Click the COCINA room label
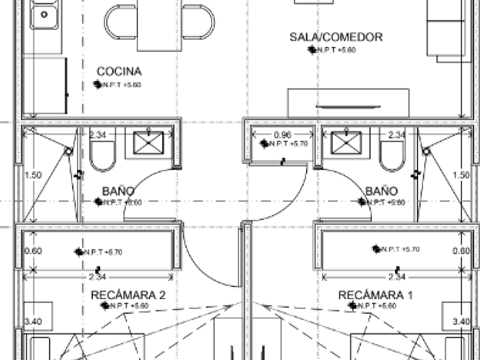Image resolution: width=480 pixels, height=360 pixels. pyautogui.click(x=119, y=71)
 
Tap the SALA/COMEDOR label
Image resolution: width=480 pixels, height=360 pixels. pyautogui.click(x=335, y=37)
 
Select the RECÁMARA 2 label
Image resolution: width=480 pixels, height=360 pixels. pyautogui.click(x=128, y=295)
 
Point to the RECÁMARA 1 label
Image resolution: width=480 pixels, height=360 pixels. pyautogui.click(x=375, y=295)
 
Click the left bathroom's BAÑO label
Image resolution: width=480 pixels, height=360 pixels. pyautogui.click(x=118, y=190)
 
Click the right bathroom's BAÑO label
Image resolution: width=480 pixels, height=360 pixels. pyautogui.click(x=381, y=190)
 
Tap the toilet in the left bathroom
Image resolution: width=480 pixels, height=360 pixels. pyautogui.click(x=103, y=154)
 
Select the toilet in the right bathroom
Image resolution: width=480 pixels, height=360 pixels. pyautogui.click(x=393, y=154)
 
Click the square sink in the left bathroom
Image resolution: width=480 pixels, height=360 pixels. pyautogui.click(x=149, y=142)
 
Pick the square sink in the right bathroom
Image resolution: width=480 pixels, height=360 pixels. pyautogui.click(x=346, y=142)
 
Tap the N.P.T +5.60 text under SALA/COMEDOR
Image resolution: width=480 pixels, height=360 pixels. pyautogui.click(x=337, y=50)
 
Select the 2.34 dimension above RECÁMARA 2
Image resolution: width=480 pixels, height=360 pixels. pyautogui.click(x=97, y=277)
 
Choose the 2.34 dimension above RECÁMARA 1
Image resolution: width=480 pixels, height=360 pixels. pyautogui.click(x=397, y=277)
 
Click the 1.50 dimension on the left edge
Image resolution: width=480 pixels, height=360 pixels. pyautogui.click(x=33, y=175)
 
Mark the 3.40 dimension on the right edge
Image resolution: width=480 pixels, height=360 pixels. pyautogui.click(x=461, y=322)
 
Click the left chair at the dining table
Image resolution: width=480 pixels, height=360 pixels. pyautogui.click(x=120, y=22)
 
